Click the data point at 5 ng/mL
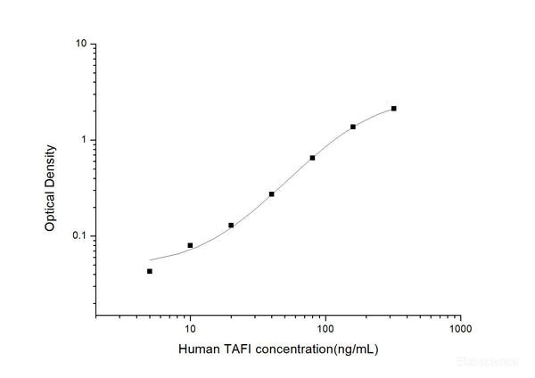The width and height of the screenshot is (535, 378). pos(150,271)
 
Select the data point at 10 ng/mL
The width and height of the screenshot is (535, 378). pos(190,245)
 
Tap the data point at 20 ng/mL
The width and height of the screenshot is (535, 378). pos(231,226)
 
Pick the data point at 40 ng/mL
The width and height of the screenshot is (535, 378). pos(272,193)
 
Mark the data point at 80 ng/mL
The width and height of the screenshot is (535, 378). pos(312,158)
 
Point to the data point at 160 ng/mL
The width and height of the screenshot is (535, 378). pos(353,127)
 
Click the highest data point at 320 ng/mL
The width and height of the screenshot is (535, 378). pos(393,109)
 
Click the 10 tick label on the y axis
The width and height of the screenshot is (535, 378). pos(81,44)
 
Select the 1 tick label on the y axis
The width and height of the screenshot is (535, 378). pos(84,140)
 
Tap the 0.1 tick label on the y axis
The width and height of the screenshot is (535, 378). pos(79,236)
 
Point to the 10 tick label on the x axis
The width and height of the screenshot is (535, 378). pos(190,328)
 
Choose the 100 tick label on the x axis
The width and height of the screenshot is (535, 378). pos(325,328)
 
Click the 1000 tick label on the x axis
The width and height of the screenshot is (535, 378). pos(460,328)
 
